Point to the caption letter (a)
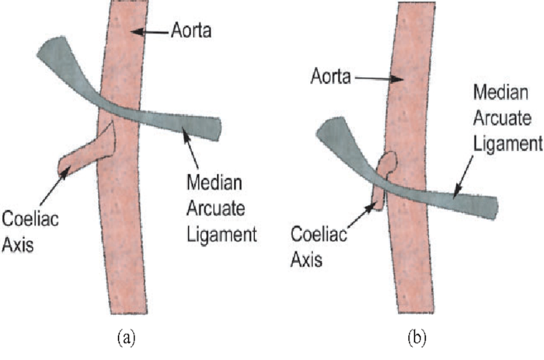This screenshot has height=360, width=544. [x=125, y=340]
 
